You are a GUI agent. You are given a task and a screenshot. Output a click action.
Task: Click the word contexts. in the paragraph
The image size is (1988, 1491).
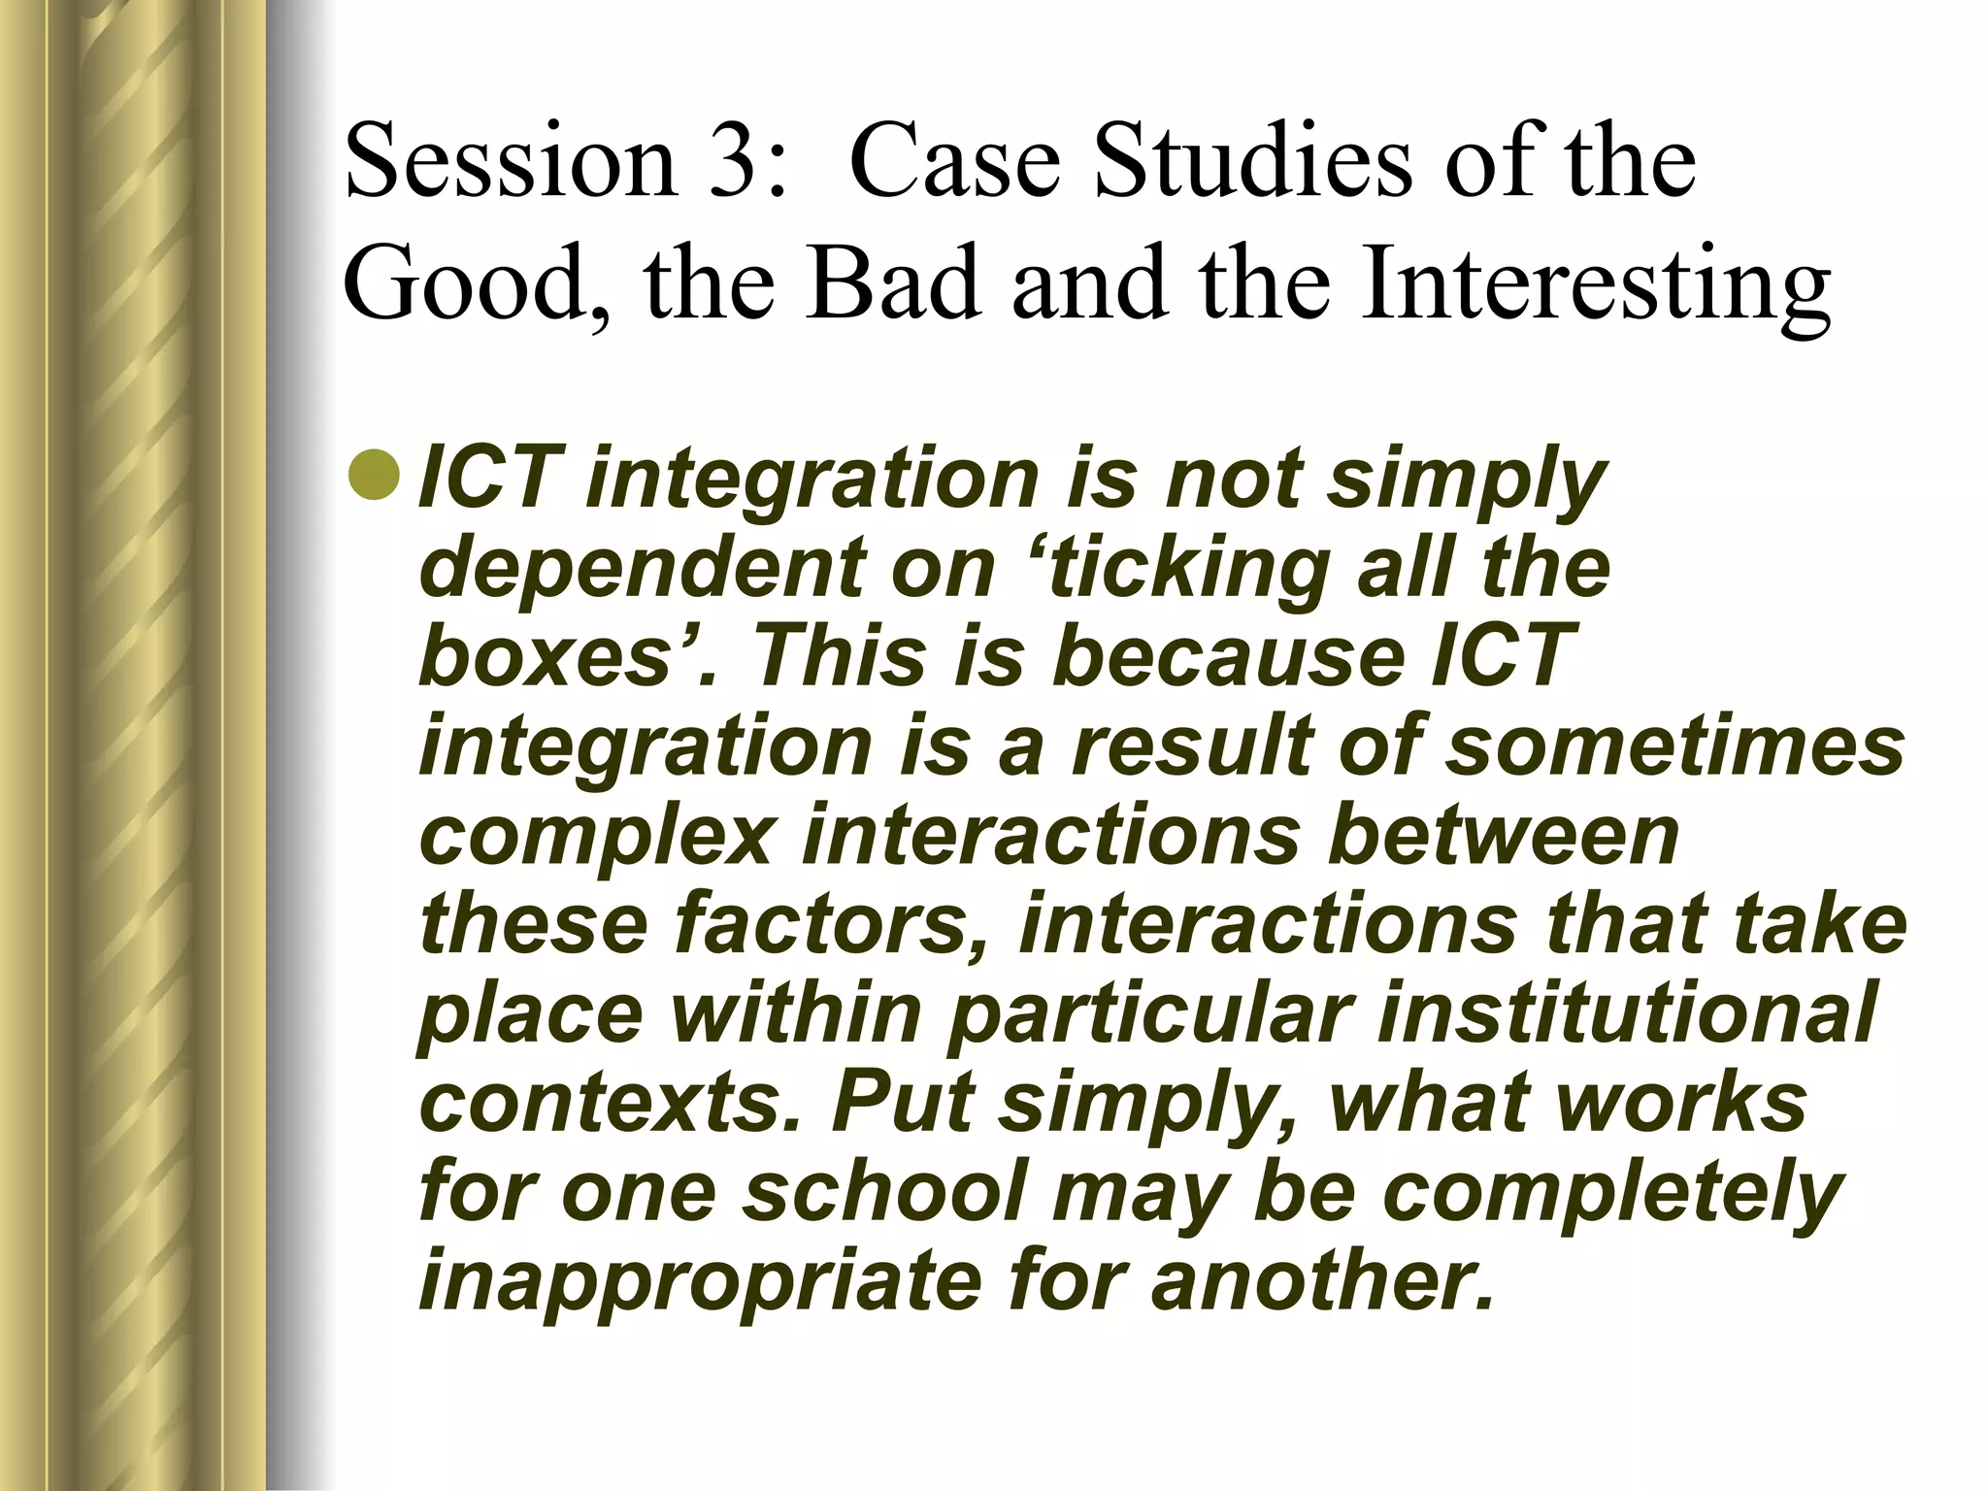[613, 1102]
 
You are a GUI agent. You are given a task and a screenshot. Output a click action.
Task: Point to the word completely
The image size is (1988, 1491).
[1611, 1193]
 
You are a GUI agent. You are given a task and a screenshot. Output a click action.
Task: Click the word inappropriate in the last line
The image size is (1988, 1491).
[700, 1280]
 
